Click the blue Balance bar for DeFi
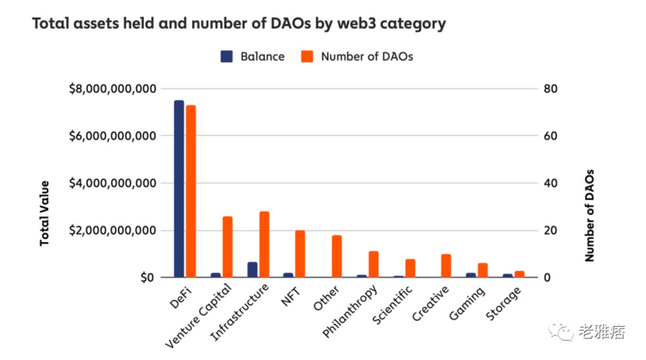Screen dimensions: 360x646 [178, 189]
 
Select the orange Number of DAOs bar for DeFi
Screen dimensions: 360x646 [191, 191]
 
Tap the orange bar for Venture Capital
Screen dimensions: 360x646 [227, 247]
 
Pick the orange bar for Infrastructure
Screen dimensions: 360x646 [264, 245]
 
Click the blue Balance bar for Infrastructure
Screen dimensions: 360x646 [252, 270]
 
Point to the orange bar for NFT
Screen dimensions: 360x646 [300, 253]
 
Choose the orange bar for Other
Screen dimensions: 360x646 [337, 256]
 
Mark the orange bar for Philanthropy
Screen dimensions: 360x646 [373, 264]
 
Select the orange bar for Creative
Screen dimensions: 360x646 [446, 266]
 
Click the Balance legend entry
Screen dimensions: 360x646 [252, 57]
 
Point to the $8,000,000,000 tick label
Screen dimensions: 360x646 [112, 89]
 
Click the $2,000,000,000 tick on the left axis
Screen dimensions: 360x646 [112, 231]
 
